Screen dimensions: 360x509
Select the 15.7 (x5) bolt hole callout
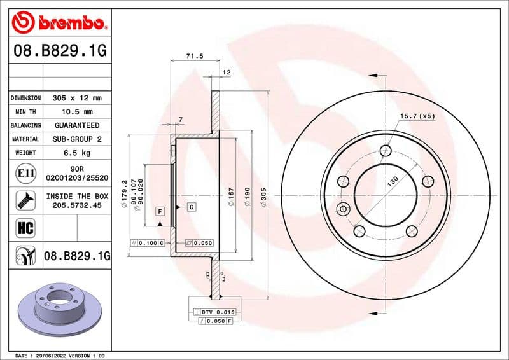[417, 116]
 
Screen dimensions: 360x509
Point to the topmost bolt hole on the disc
[386, 151]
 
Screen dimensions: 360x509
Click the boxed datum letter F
[160, 210]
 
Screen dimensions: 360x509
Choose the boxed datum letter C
[190, 207]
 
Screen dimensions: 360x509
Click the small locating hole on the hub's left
[344, 209]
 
